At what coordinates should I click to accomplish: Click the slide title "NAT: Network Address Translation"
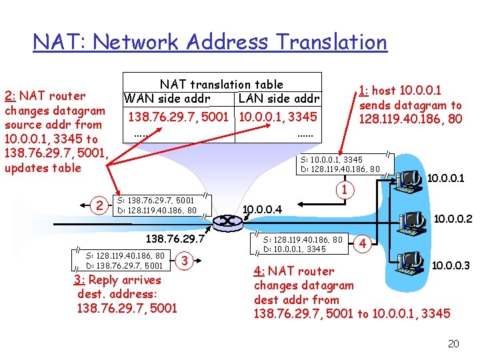coord(210,42)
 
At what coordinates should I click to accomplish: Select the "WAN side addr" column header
coord(167,99)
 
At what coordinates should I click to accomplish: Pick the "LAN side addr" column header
coord(279,99)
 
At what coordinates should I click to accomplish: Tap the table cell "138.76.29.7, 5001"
coord(178,117)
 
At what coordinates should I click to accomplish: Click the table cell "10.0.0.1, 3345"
coord(278,117)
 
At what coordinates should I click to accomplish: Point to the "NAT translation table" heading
coord(221,85)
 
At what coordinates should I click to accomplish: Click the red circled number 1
coord(344,191)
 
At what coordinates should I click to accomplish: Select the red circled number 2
coord(99,205)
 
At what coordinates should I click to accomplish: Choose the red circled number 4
coord(363,243)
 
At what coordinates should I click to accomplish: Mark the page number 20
coord(453,344)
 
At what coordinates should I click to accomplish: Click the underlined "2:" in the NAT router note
coord(12,96)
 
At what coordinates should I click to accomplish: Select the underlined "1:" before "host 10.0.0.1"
coord(364,91)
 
